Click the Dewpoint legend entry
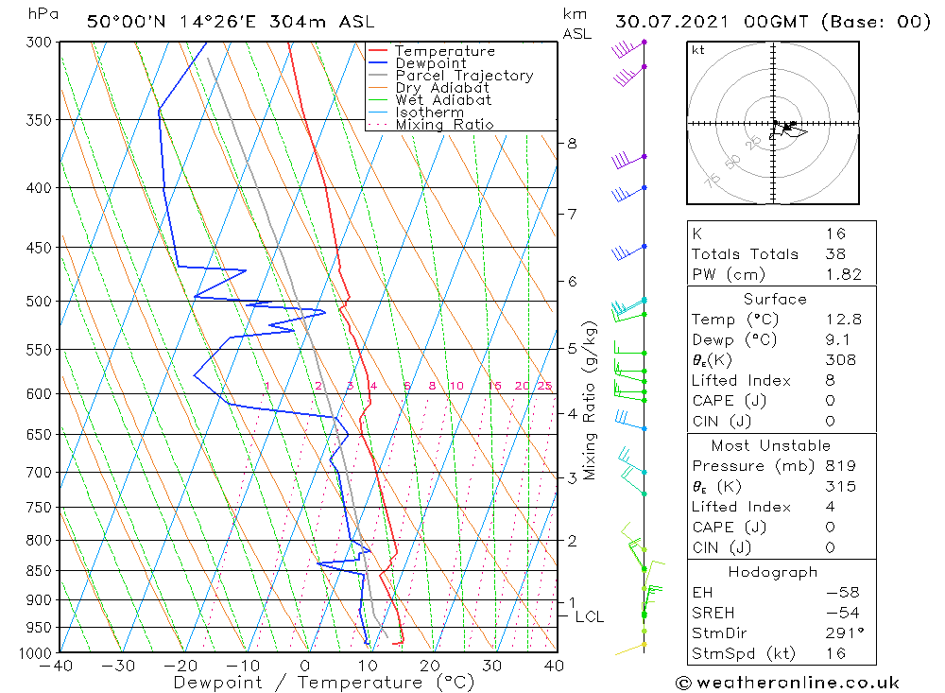click(430, 63)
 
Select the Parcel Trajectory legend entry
click(464, 76)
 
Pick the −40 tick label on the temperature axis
click(57, 666)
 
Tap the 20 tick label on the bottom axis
click(430, 666)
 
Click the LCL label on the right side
click(589, 616)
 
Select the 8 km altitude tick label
click(572, 144)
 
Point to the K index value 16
click(835, 234)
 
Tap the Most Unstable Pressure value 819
click(839, 466)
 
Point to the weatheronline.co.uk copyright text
click(787, 683)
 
